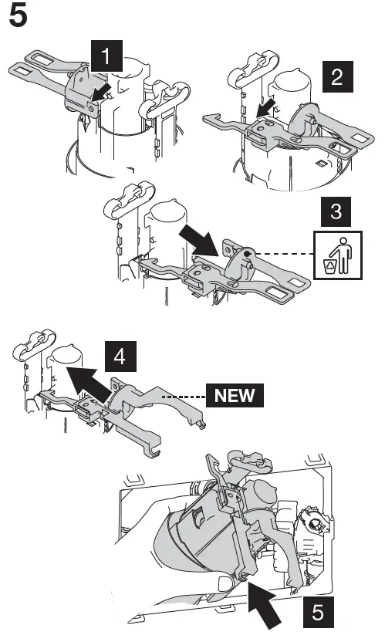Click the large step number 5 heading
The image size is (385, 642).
coord(19,17)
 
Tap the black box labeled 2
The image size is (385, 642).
coord(337,77)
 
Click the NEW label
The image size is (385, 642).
coord(235,396)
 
